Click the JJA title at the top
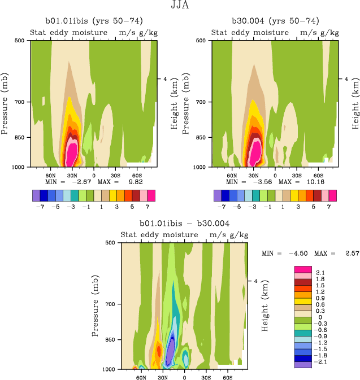[x=180, y=6]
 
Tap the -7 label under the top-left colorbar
[x=40, y=207]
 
